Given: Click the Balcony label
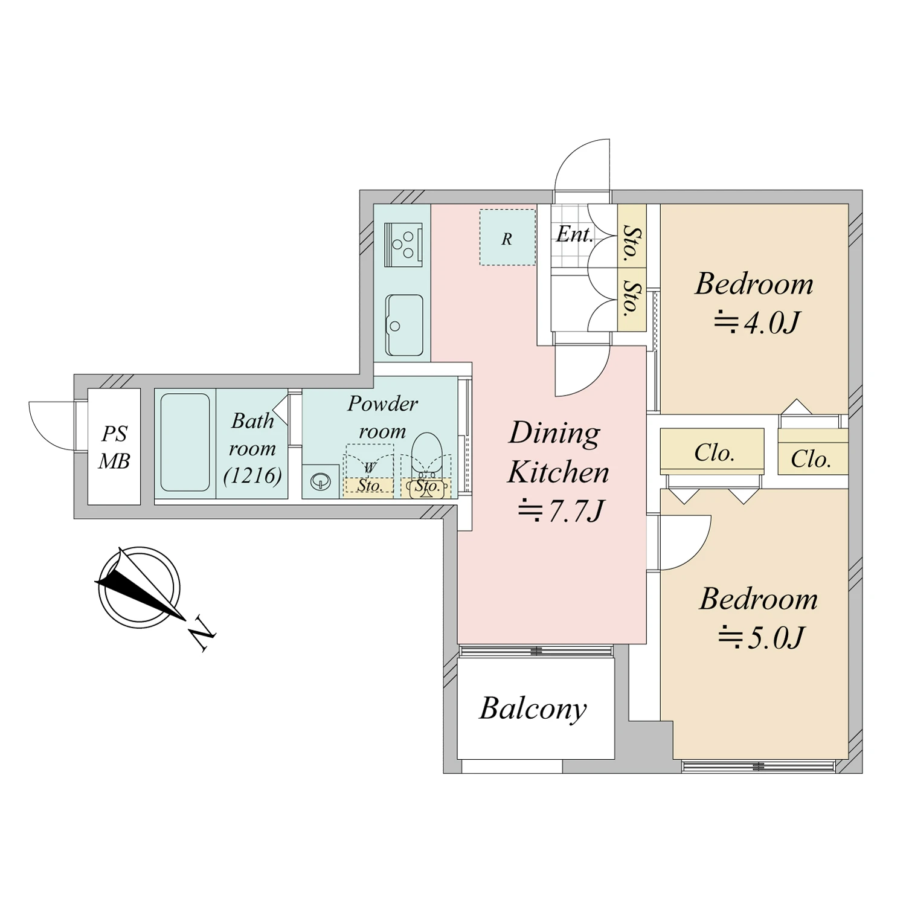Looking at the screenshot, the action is point(533,709).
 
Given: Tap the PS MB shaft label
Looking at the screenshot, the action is point(114,448).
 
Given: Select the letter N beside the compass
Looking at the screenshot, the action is point(202,634).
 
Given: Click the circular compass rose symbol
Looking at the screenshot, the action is point(140,587).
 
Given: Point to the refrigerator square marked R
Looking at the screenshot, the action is point(507,237).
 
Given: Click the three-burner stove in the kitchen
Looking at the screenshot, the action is point(403,244).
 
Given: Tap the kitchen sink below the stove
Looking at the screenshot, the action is point(404,325).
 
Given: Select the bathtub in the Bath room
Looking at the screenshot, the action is point(185,442).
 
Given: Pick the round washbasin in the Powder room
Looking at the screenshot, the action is point(320,481).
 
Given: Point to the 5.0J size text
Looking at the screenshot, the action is point(762,637).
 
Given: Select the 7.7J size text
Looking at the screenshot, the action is point(561,511).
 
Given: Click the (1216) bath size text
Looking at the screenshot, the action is point(252,476).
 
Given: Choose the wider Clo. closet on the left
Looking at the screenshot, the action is point(712,451).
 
